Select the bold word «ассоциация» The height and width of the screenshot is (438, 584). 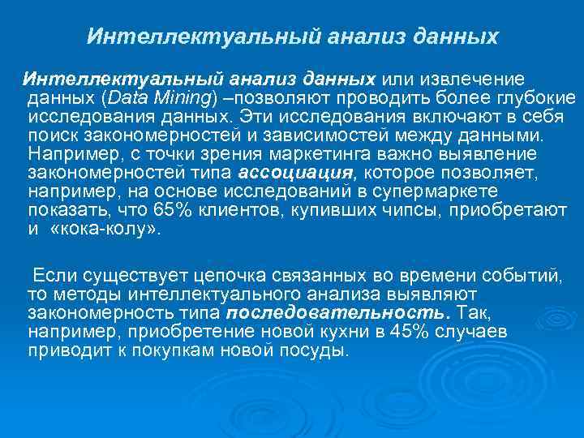pos(298,173)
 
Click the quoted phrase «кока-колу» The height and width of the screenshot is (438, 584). pos(105,229)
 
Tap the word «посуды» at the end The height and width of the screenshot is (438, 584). pos(320,351)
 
